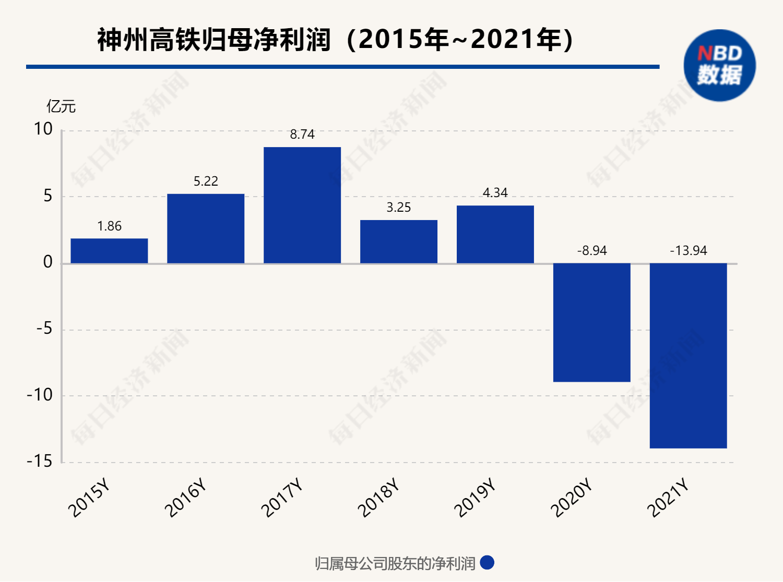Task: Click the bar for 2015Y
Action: point(109,251)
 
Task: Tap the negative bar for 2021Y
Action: point(688,356)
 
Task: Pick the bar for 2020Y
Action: point(591,322)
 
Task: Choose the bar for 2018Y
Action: point(399,241)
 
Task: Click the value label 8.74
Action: point(302,135)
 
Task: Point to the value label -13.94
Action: point(688,251)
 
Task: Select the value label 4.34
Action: point(495,193)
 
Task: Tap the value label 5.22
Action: point(206,181)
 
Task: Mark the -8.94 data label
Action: point(591,251)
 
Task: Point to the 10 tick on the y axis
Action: point(43,129)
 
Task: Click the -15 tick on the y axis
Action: point(40,462)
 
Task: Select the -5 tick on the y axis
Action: point(44,329)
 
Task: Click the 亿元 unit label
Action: point(61,106)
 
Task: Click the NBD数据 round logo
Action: point(719,65)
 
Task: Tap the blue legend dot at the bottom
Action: point(487,563)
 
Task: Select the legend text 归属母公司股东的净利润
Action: point(395,564)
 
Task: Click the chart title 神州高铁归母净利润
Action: point(214,40)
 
